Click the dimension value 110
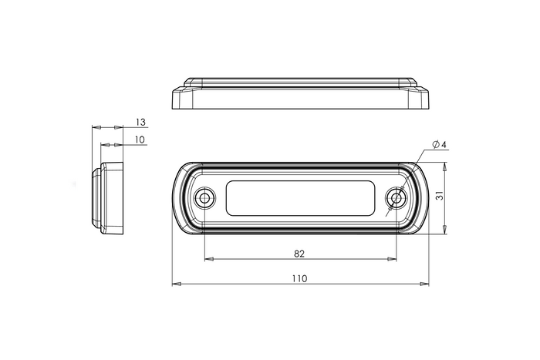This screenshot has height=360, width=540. (x=299, y=278)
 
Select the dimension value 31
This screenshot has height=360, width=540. (x=438, y=197)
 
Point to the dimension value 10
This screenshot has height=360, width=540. (x=140, y=140)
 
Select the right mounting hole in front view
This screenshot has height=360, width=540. (x=396, y=198)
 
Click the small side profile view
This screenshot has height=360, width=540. (x=109, y=197)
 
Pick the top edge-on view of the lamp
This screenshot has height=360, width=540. (x=299, y=93)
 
